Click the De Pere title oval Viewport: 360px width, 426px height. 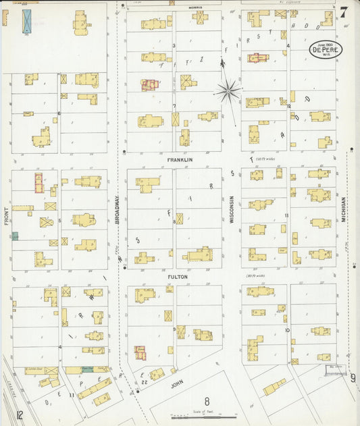click(x=326, y=49)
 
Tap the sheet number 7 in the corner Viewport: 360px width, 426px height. click(x=344, y=12)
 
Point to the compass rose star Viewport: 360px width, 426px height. click(x=228, y=89)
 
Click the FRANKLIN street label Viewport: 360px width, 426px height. click(x=180, y=160)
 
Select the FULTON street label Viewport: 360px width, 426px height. click(x=178, y=277)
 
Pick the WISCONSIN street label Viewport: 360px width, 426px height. click(x=231, y=210)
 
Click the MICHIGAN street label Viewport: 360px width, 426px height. click(x=343, y=210)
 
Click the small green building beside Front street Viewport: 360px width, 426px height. click(x=15, y=236)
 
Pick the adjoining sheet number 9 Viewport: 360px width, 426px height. click(x=353, y=377)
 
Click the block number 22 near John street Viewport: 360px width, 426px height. click(x=145, y=383)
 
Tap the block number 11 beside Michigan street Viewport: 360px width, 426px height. click(x=286, y=216)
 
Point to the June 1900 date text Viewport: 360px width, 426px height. click(x=326, y=44)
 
